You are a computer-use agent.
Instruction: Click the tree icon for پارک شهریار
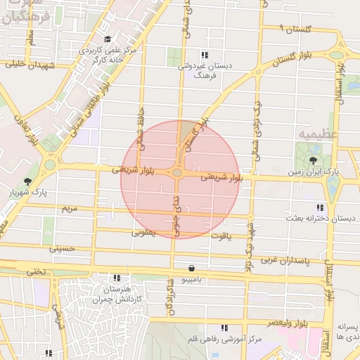tap(27, 181)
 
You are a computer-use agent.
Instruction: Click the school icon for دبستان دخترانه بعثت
tap(321, 208)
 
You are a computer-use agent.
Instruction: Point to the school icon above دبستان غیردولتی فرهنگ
tap(205, 55)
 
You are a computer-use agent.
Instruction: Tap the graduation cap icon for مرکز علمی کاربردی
tap(107, 39)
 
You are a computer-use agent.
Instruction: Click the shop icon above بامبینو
tap(193, 268)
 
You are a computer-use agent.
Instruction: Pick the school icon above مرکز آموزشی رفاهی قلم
tap(224, 328)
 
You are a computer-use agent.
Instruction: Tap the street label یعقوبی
tap(143, 231)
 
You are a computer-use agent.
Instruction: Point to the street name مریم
tap(69, 210)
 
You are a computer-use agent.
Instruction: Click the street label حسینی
tap(61, 248)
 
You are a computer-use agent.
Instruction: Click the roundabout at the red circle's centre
tap(177, 172)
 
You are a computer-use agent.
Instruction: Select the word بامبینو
tap(192, 280)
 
